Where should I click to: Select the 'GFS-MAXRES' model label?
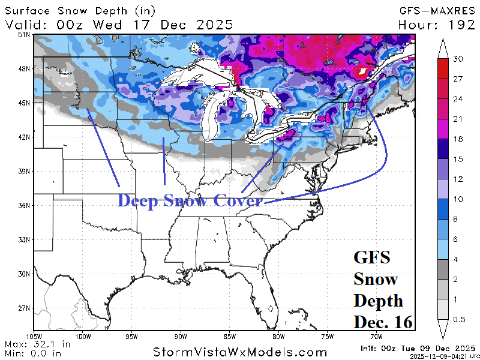point(437,10)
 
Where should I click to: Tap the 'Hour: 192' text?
point(437,25)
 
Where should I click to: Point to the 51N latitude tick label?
point(23,35)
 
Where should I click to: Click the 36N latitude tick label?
point(23,206)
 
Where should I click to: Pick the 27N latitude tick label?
point(23,308)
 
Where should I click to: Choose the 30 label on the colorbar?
point(458,59)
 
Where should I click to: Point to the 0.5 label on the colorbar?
point(459,320)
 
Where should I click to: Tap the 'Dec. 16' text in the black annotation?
point(383,322)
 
